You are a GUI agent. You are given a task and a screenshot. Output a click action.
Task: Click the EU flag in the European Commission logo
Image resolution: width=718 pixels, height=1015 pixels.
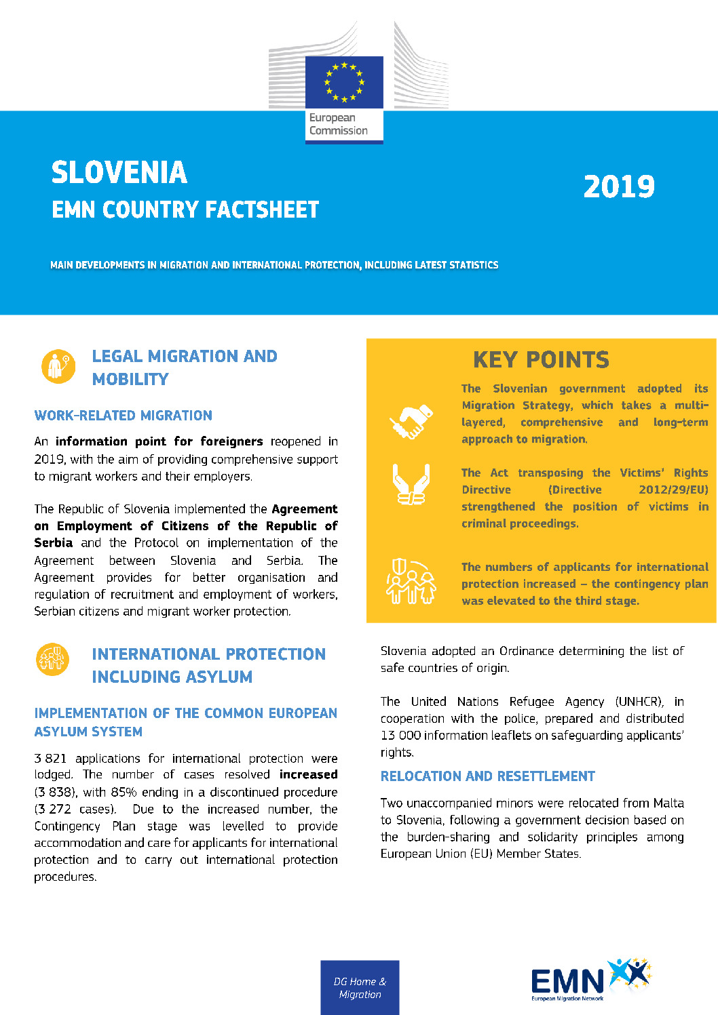click(x=344, y=82)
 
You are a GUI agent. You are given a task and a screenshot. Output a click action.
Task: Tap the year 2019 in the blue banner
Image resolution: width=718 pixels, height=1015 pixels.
click(x=619, y=187)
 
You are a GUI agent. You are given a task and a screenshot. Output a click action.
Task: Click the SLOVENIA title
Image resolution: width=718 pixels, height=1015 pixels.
click(x=119, y=173)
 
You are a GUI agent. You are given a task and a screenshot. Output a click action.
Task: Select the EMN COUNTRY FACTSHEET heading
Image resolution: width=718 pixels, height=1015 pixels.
click(x=185, y=210)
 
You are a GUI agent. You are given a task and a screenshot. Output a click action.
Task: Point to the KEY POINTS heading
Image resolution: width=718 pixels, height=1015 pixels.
click(x=541, y=359)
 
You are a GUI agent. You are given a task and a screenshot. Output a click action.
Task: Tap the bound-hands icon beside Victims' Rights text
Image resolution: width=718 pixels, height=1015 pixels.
click(x=411, y=484)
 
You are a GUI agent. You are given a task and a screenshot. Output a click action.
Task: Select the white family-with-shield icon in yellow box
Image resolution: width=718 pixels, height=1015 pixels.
click(x=411, y=582)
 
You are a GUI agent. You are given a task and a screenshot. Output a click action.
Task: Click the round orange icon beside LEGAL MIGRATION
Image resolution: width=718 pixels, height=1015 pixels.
click(x=58, y=367)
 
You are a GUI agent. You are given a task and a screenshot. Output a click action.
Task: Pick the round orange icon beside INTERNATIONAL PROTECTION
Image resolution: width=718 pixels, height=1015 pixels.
click(x=52, y=659)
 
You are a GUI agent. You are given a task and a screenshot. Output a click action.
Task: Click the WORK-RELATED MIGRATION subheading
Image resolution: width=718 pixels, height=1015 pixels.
click(x=124, y=416)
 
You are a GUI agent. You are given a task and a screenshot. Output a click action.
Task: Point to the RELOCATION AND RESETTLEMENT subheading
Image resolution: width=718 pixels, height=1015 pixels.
click(x=488, y=776)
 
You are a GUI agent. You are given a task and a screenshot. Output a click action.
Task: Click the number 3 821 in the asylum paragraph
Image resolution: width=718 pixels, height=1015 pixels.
click(x=51, y=759)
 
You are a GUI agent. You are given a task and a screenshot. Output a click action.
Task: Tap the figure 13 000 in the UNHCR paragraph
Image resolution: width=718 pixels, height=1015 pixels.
click(x=399, y=736)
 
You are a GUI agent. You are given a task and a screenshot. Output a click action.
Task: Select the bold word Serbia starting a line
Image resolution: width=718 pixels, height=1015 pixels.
click(x=54, y=543)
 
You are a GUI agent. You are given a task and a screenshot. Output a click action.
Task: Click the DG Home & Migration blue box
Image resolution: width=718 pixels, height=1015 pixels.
click(x=360, y=988)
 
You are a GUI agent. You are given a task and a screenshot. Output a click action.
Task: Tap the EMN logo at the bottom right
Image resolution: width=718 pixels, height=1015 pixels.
click(x=590, y=980)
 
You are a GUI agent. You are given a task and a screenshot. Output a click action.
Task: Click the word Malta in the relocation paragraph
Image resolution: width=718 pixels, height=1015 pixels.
click(x=668, y=803)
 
